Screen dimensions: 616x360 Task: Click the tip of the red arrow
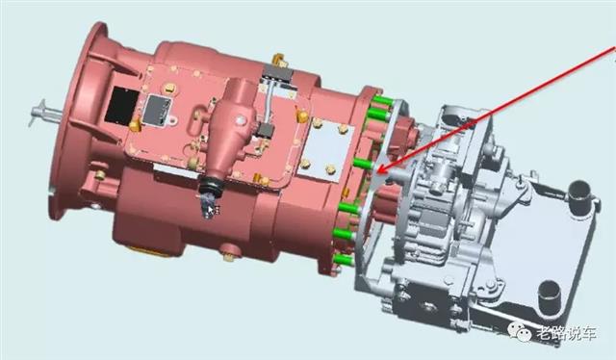[377, 172]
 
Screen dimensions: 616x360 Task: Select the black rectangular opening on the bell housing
[122, 105]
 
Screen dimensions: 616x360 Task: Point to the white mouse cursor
[211, 210]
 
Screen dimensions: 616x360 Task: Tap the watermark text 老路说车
[566, 334]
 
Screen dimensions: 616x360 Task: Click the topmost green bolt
[382, 101]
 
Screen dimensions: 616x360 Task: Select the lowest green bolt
[344, 259]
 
